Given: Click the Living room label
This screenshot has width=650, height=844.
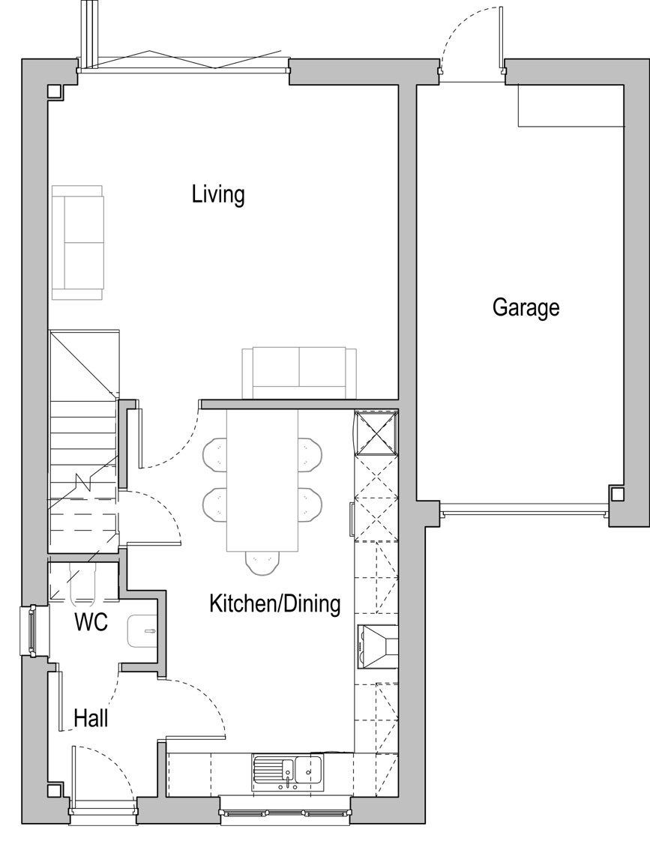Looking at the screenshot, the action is (x=218, y=194).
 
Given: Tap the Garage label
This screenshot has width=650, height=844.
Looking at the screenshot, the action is (x=526, y=307).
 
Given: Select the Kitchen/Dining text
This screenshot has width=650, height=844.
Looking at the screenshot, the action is (x=274, y=604).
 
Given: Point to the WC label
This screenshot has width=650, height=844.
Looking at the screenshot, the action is (x=91, y=622).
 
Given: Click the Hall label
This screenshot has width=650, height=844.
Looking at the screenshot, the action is (x=91, y=718).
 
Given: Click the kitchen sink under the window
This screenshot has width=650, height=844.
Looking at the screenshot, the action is (x=288, y=772).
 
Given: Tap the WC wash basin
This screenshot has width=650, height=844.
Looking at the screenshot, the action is (x=142, y=630).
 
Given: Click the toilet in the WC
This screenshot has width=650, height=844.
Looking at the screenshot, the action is (x=83, y=582).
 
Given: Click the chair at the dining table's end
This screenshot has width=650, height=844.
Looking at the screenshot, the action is (x=262, y=562).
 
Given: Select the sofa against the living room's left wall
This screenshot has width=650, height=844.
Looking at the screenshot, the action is (x=77, y=242).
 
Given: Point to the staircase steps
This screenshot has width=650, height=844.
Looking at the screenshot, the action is (x=83, y=441).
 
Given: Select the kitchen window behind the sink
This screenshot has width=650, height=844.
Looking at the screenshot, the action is (x=286, y=812).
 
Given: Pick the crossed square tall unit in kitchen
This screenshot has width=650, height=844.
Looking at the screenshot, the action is (x=376, y=433).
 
